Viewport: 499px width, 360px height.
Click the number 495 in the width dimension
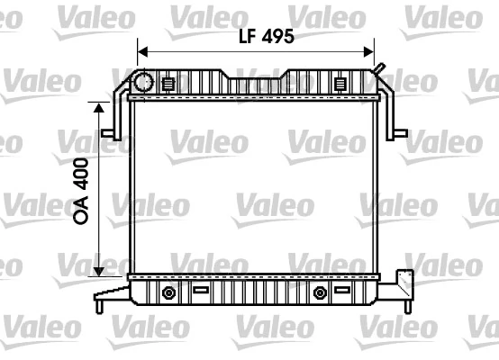[x=277, y=37]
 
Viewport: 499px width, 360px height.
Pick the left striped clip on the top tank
[x=168, y=85]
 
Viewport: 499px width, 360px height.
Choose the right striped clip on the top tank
[x=340, y=85]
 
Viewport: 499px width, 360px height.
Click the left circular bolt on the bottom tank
[x=168, y=292]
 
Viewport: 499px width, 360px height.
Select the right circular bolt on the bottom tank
[x=319, y=292]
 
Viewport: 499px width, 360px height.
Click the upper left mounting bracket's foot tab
[x=107, y=133]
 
